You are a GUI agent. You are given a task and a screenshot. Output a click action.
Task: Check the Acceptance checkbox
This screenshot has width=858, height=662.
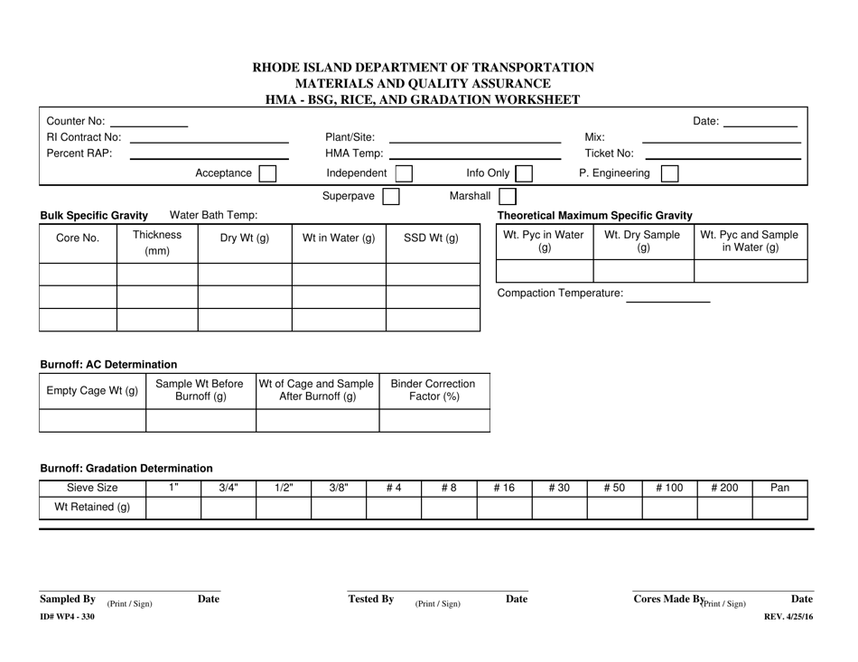[x=267, y=173]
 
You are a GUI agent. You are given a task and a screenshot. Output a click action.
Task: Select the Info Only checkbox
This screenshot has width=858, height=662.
[x=523, y=173]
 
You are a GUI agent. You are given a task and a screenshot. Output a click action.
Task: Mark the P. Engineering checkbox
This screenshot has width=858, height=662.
[x=669, y=173]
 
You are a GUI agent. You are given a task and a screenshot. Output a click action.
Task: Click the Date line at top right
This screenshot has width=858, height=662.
[x=761, y=123]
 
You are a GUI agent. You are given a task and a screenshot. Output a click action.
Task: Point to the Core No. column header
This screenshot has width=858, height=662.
[x=79, y=238]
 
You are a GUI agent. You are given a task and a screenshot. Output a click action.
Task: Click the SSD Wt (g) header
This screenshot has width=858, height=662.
[x=434, y=238]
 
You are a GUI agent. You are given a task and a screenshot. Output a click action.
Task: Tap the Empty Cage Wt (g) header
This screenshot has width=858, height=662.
[x=92, y=390]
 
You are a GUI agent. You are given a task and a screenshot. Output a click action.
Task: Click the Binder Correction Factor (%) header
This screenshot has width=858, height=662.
[x=435, y=390]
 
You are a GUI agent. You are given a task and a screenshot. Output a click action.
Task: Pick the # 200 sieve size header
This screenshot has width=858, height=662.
[x=724, y=488]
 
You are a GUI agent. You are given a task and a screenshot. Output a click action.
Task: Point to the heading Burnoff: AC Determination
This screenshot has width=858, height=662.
[x=108, y=364]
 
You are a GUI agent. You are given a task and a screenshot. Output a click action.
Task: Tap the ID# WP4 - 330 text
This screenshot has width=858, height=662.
[x=66, y=616]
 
